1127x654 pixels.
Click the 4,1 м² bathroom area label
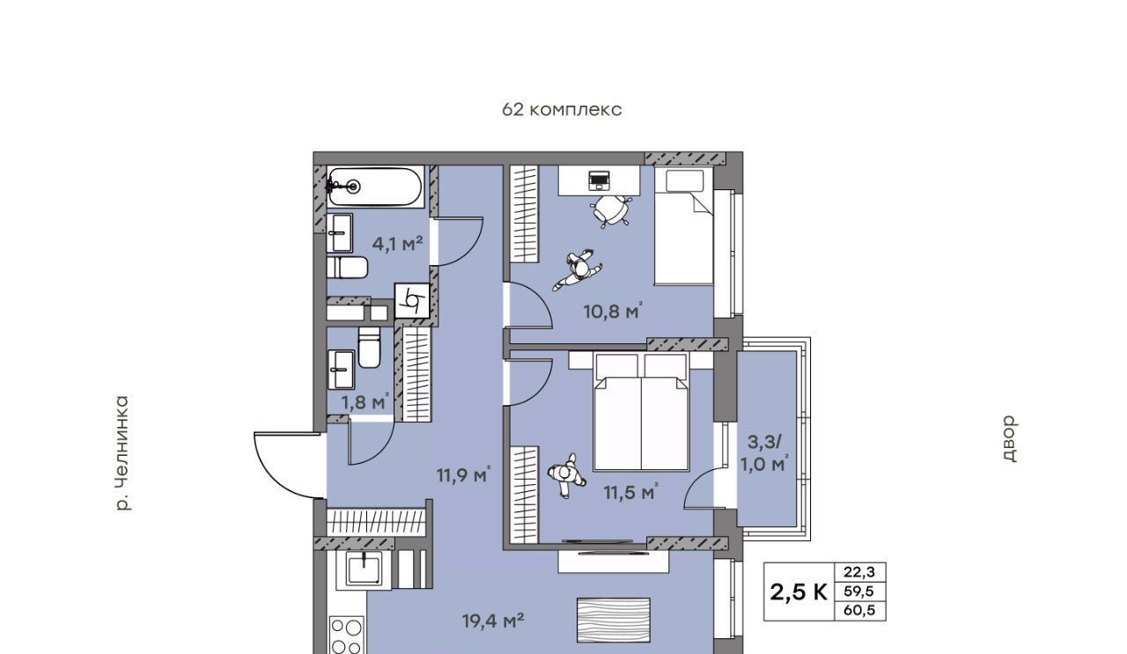point(397,244)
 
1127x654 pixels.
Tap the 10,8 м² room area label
point(614,312)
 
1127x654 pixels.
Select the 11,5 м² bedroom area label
point(631,493)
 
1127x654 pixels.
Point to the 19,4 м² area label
point(493,621)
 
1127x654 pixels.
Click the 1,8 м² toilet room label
point(365,402)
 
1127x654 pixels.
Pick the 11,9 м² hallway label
point(464,475)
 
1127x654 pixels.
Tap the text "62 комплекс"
point(562,110)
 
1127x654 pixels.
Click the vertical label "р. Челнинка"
point(122,454)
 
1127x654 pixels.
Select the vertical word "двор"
point(1009,438)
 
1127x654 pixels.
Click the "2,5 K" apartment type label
point(799,592)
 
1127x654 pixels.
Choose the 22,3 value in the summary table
point(859,572)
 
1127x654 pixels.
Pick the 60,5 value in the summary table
point(859,610)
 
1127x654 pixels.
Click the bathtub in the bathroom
point(374,187)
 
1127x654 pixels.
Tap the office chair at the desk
point(611,209)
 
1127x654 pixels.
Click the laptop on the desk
point(599,180)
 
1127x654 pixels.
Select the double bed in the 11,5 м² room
point(641,412)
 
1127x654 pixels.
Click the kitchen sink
point(364,569)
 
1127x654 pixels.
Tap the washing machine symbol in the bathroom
point(412,301)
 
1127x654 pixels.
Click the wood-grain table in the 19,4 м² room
point(614,621)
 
